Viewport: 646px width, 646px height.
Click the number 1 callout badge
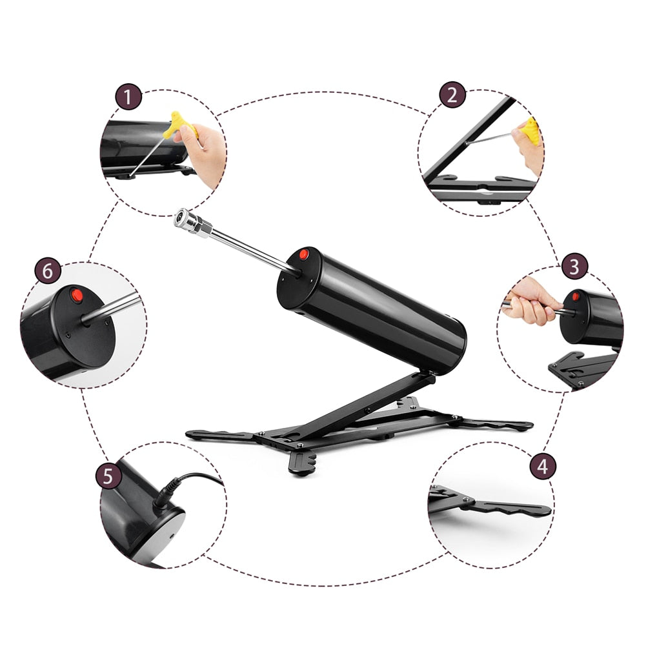[x=128, y=97]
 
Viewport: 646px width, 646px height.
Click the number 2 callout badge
[x=452, y=95]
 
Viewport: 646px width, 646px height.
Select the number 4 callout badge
[x=543, y=467]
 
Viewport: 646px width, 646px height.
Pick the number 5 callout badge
[x=108, y=476]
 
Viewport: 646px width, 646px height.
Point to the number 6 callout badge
[x=47, y=271]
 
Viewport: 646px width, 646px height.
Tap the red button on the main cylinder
[x=303, y=254]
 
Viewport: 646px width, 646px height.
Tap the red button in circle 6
[x=77, y=296]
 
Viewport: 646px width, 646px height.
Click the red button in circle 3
[x=576, y=296]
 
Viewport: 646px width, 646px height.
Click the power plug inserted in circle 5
[x=166, y=493]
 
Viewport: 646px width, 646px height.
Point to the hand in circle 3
[x=530, y=301]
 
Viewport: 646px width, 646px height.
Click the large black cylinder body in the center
[x=372, y=312]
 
